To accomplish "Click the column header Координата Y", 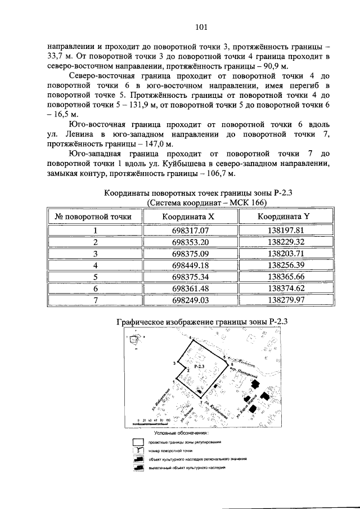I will pos(286,216).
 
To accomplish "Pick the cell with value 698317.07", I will pos(190,231).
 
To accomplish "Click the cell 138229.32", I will pos(286,242).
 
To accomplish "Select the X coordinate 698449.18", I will pos(190,265).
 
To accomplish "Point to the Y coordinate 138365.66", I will pos(286,277).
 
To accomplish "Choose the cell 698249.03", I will pos(190,300).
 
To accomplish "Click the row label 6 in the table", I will pos(96,289).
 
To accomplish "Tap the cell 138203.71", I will pos(286,254).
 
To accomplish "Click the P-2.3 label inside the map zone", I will pos(198,366).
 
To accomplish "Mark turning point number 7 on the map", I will pos(201,403).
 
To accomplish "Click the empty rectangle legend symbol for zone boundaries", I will pos(137,443).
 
